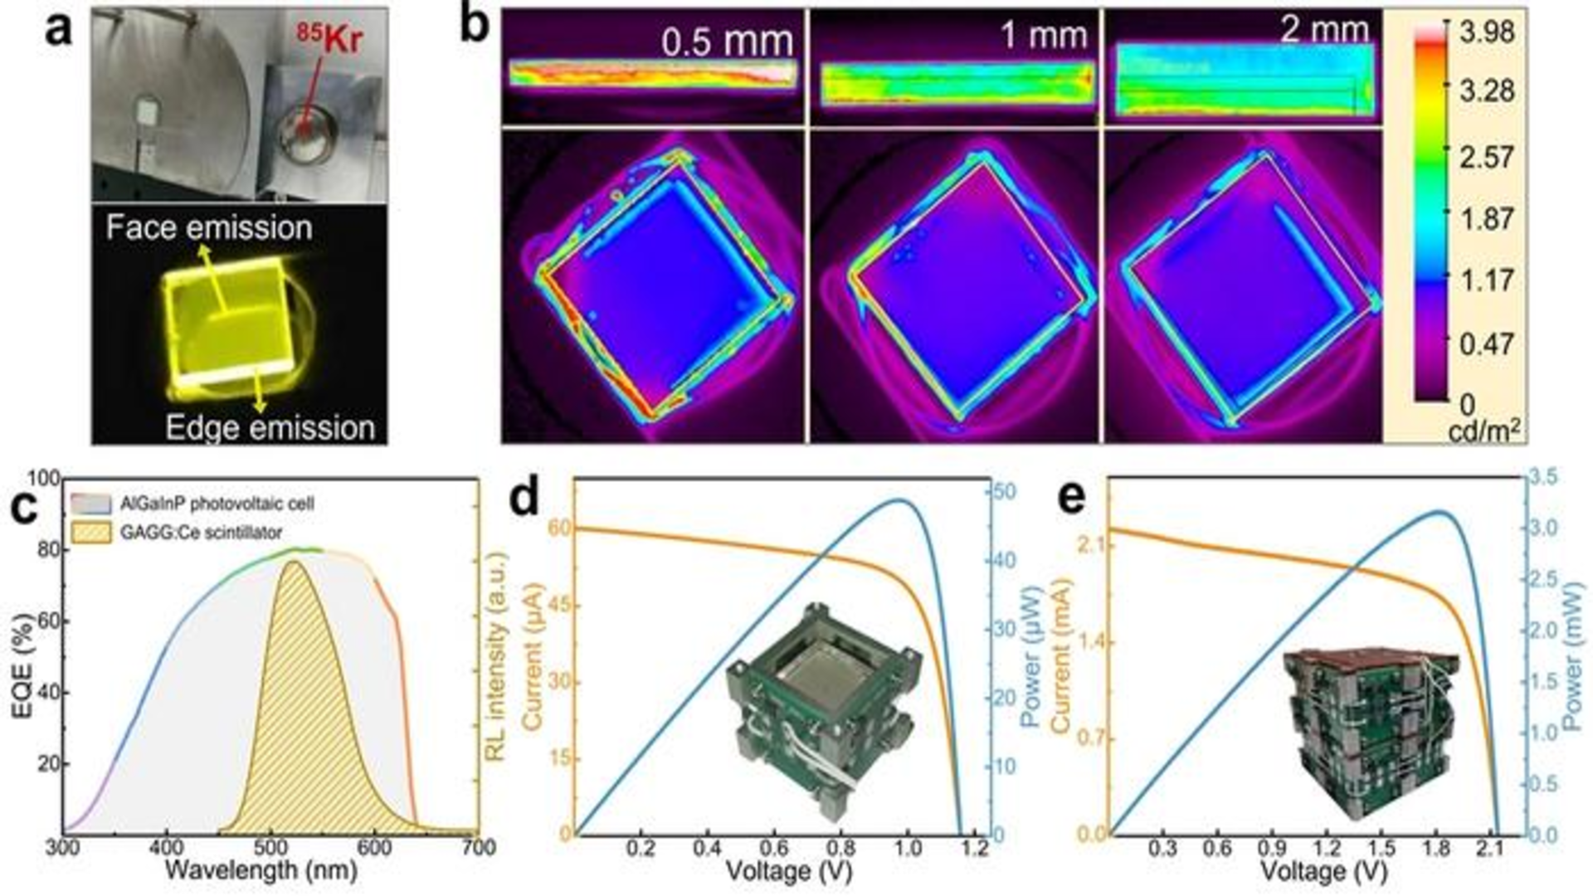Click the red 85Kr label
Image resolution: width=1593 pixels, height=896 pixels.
(x=329, y=39)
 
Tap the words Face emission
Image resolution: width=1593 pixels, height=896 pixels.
(x=209, y=228)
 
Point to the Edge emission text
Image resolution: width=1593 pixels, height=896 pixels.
(x=270, y=428)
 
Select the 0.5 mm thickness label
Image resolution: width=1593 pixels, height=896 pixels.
(x=727, y=41)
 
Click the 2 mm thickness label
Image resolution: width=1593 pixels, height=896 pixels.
(x=1324, y=31)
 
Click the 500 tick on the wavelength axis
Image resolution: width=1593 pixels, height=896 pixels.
(x=270, y=848)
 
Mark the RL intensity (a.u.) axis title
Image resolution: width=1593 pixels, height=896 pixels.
(x=495, y=656)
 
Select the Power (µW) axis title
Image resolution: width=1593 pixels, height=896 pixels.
(x=1031, y=655)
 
